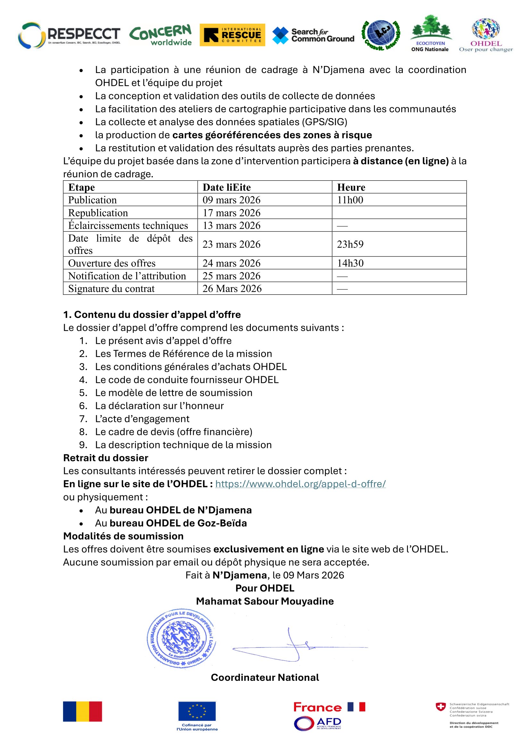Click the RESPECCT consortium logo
[x=69, y=35]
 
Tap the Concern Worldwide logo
[x=160, y=35]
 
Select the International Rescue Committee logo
[x=232, y=35]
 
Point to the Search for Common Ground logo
[x=313, y=35]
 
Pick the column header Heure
[x=351, y=187]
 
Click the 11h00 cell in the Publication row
[x=350, y=200]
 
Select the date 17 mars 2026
[x=231, y=213]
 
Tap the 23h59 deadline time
[x=350, y=244]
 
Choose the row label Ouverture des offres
[x=112, y=263]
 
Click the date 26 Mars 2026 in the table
[x=232, y=289]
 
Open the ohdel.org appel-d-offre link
[x=300, y=484]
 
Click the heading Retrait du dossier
[x=106, y=458]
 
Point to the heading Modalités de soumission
[x=123, y=536]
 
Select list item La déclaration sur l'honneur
[x=159, y=405]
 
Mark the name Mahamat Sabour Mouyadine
[x=265, y=601]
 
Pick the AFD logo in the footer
[x=317, y=724]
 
